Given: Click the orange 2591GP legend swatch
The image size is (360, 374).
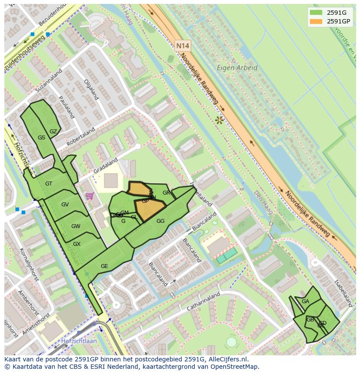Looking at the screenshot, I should tap(317, 21).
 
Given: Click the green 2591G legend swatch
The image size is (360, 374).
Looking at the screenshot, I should tap(317, 13).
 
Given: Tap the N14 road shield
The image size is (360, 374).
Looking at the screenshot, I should tap(183, 45).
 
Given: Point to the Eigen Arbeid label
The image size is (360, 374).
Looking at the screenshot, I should tap(237, 68).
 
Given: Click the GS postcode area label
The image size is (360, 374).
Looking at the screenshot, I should tap(41, 138).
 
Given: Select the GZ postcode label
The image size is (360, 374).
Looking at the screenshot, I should tap(53, 132).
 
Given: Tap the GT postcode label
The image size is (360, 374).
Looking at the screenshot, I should tap(49, 184).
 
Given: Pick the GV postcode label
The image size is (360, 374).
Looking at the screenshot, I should tap(65, 205).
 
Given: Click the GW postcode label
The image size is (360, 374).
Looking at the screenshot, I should tap(76, 226).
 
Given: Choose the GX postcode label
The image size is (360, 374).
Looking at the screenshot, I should tap(77, 244).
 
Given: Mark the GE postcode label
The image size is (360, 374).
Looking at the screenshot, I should tap(104, 266).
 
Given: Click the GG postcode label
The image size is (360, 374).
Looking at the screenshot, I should tap(160, 221).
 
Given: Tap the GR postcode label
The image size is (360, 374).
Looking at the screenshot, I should tap(166, 193).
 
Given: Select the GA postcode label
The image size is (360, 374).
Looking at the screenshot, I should tap(305, 301).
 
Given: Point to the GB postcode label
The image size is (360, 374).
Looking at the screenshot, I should tap(310, 320).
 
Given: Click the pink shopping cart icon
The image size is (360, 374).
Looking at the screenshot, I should tap(90, 196).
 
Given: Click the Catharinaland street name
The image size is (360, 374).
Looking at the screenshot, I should tap(203, 301).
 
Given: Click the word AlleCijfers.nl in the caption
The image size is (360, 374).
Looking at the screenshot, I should tap(227, 359).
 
